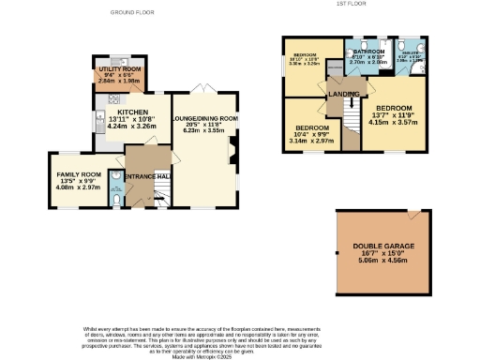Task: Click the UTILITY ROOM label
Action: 118,68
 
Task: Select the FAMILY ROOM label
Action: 77,174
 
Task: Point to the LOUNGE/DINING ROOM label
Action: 204,119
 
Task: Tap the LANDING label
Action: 339,94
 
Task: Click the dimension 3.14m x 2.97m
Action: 310,141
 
